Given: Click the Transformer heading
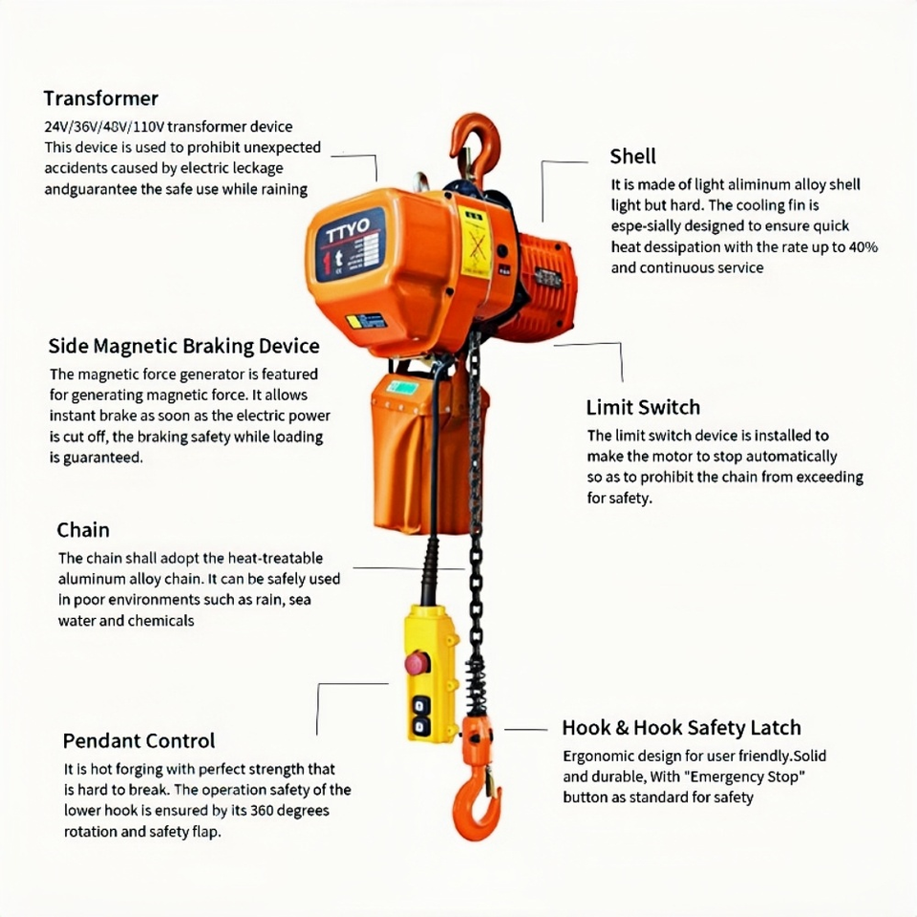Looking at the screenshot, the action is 100,98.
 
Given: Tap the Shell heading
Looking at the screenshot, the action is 632,156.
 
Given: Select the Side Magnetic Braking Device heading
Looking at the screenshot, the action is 183,346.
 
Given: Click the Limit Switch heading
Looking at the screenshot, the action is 643,407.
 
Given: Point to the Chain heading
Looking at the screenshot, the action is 83,530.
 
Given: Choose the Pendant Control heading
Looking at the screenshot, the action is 139,741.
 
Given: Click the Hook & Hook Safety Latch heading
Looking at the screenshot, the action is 681,728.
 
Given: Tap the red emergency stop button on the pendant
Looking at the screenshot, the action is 417,663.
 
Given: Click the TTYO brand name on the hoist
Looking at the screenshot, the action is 348,230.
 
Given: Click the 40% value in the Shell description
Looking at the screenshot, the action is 864,246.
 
